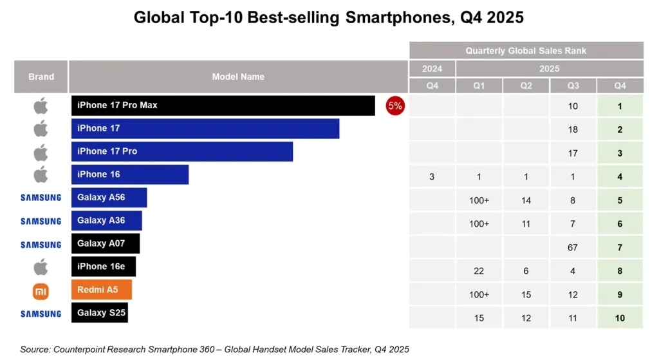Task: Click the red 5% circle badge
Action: point(394,106)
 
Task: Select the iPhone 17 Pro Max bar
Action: point(223,106)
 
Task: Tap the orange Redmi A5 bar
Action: point(101,290)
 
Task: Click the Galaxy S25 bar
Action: point(99,313)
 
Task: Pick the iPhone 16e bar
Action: point(103,267)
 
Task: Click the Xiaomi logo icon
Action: point(41,291)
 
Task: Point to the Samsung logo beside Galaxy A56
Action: point(41,198)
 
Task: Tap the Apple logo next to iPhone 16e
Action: point(41,267)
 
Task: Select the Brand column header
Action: point(41,77)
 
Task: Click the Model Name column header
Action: point(238,77)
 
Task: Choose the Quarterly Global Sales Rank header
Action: point(526,50)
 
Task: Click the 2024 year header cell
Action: point(432,68)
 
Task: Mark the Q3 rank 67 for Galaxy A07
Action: point(573,248)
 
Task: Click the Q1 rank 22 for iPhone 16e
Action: point(479,271)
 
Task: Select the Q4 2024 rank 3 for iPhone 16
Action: point(432,176)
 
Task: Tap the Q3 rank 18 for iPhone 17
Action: point(573,129)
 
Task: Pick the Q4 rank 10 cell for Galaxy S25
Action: point(620,318)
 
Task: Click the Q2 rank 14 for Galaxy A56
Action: point(526,200)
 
